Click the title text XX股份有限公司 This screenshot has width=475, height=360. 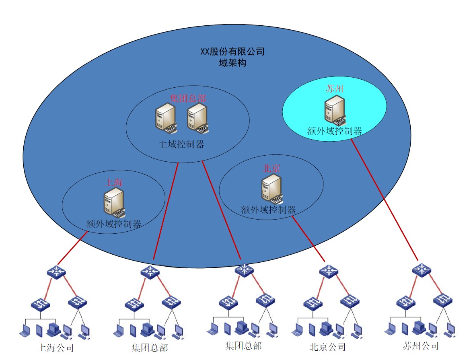click(232, 51)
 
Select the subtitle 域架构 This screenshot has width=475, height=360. click(232, 63)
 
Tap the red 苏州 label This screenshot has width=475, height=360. click(335, 88)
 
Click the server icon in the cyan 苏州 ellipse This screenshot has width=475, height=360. click(335, 110)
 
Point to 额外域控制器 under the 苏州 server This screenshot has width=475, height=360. click(335, 131)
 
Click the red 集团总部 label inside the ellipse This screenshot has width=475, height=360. click(188, 98)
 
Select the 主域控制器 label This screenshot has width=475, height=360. click(181, 144)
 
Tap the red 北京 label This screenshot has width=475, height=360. click(271, 168)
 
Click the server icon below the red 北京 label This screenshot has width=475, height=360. click(272, 189)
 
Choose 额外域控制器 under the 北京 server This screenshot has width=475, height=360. click(268, 210)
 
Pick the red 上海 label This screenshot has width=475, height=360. click(114, 182)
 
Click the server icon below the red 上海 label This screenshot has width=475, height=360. click(115, 203)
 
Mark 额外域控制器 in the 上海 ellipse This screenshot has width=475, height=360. click(113, 224)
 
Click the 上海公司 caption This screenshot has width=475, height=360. click(56, 348)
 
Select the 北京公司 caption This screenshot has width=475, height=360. click(327, 347)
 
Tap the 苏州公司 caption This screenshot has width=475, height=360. click(420, 346)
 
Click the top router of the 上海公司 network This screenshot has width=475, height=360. click(56, 272)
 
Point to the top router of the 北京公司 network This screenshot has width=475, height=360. click(329, 271)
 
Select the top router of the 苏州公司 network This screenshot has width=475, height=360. click(422, 269)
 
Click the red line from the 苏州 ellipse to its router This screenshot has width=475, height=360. click(384, 200)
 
